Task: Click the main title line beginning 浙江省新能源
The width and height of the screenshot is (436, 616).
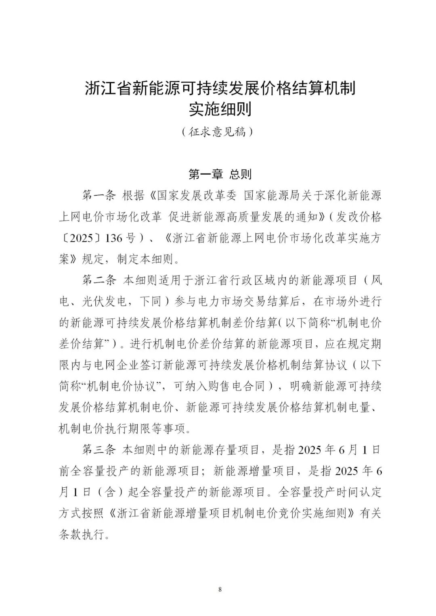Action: click(x=220, y=88)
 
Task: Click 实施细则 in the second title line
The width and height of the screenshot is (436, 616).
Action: click(x=220, y=109)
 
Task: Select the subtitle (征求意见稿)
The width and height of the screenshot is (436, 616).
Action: click(x=218, y=132)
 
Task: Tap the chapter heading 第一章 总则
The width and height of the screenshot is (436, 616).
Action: click(x=220, y=174)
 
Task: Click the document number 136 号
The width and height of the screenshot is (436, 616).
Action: click(x=120, y=238)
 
